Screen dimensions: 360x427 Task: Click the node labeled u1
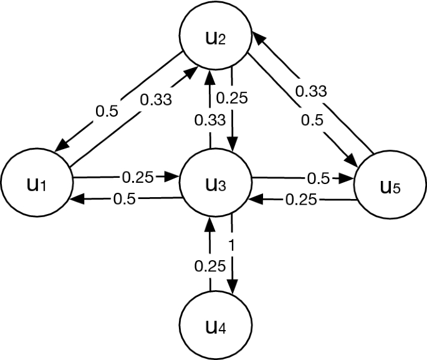pos(36,183)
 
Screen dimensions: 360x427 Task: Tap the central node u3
pos(215,183)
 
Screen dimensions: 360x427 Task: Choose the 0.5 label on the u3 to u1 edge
pos(126,200)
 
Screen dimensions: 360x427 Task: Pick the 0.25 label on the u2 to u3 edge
pos(233,98)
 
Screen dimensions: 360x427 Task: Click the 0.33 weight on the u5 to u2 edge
pos(310,91)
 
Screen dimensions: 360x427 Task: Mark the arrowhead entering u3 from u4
pos(209,224)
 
